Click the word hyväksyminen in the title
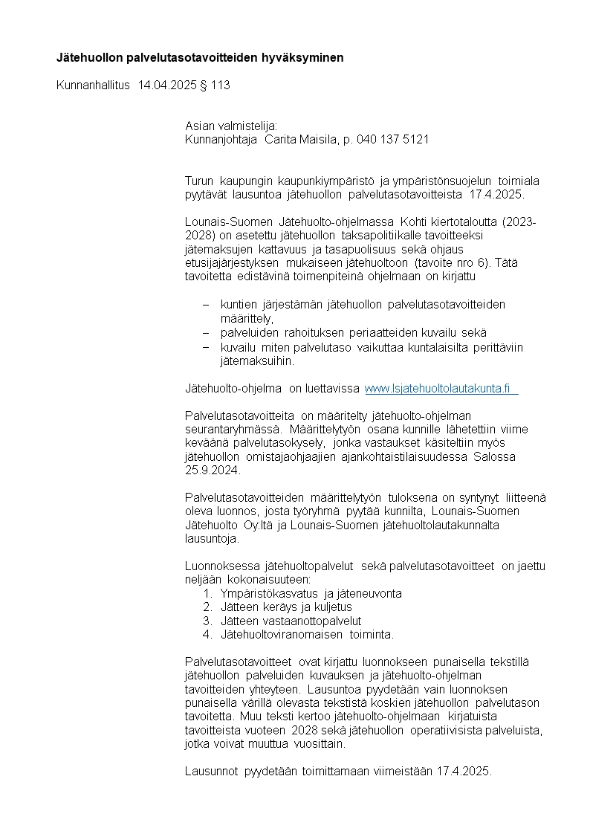coord(306,57)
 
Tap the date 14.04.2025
coord(166,85)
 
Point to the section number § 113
coord(215,85)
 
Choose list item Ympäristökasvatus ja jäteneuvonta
coord(311,593)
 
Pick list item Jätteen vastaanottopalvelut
coord(291,620)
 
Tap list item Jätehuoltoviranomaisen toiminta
coord(307,634)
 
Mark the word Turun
coord(199,181)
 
